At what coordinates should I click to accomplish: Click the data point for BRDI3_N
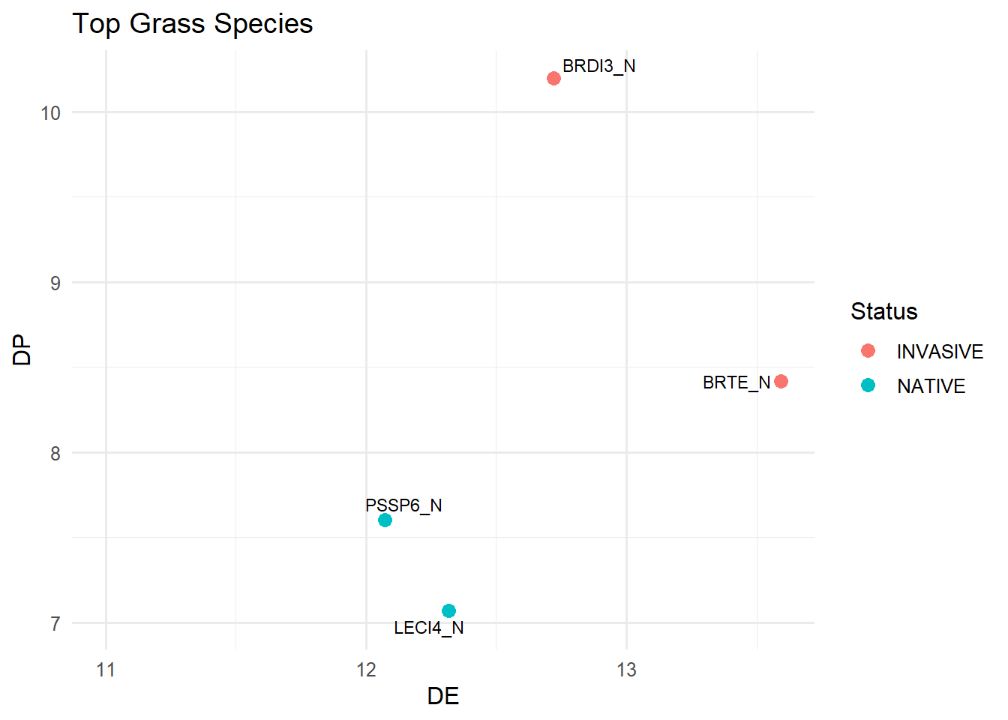[x=553, y=79]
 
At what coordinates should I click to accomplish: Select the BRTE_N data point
[x=781, y=382]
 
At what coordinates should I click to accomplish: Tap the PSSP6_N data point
[x=385, y=520]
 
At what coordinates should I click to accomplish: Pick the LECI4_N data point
[x=448, y=611]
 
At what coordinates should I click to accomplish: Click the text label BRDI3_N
[x=598, y=66]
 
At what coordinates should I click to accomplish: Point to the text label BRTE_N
[x=736, y=382]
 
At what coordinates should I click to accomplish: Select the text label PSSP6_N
[x=403, y=505]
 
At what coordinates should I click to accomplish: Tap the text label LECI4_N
[x=428, y=628]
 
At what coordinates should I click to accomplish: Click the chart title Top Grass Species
[x=193, y=24]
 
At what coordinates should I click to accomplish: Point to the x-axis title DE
[x=443, y=696]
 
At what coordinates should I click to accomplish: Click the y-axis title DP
[x=22, y=349]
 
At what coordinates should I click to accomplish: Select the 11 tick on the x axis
[x=106, y=670]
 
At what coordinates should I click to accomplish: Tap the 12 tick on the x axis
[x=366, y=670]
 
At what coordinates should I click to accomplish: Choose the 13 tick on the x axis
[x=626, y=670]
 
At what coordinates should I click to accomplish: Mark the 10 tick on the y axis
[x=50, y=113]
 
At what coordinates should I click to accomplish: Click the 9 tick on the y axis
[x=55, y=283]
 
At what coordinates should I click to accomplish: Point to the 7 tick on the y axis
[x=55, y=623]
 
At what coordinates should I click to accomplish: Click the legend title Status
[x=883, y=311]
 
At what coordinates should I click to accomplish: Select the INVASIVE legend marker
[x=868, y=351]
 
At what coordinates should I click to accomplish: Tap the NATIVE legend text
[x=931, y=386]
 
